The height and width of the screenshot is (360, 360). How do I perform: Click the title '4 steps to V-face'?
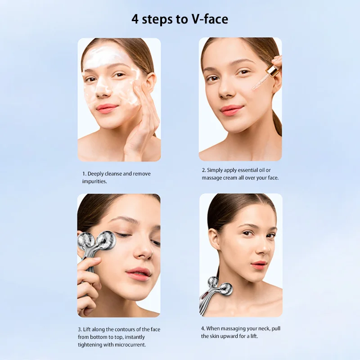(x=180, y=19)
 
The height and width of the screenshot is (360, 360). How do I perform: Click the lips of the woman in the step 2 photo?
(x=231, y=110)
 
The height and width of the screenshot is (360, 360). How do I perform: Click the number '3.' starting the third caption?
(x=80, y=329)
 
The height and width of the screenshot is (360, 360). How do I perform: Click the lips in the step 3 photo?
(x=138, y=273)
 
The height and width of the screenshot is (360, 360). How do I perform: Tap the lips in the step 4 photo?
(x=260, y=265)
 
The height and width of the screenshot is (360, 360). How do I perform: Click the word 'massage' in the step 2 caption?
(x=211, y=178)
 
